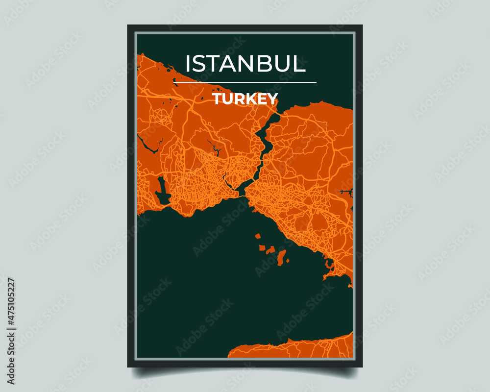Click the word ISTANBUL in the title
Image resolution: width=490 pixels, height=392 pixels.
pos(245,64)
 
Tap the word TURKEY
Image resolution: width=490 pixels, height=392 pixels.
pos(245,98)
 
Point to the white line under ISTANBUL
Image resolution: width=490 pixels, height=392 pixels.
pos(245,83)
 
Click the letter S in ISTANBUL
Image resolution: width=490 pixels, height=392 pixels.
pos(200,64)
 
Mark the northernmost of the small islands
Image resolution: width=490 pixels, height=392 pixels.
pos(257,236)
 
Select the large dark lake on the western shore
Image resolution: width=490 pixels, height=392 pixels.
pos(162,192)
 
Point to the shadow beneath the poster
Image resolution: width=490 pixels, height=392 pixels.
pos(245,372)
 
